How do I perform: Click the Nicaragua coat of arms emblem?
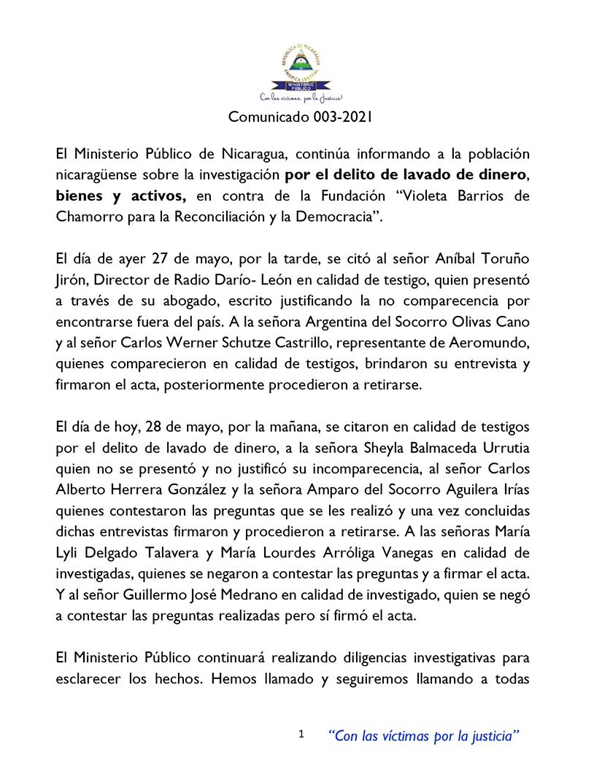click(301, 63)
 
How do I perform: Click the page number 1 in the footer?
click(301, 735)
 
